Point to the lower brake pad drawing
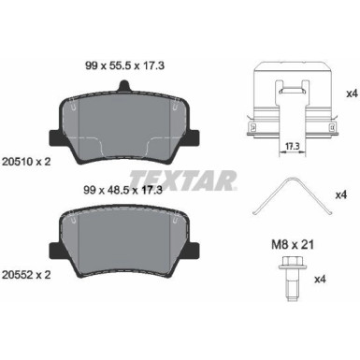click(123, 245)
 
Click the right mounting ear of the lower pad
click(192, 251)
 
